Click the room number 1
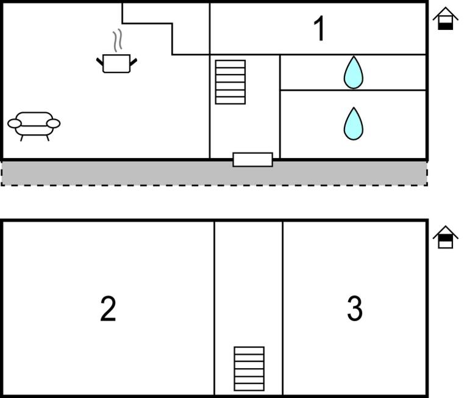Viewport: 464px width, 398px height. (x=319, y=29)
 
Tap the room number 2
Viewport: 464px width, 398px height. (x=108, y=309)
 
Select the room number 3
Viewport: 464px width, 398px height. (x=354, y=309)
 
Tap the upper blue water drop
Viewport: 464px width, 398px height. (x=353, y=73)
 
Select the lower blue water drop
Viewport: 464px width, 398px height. (x=353, y=123)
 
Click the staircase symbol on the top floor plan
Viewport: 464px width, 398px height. (x=230, y=82)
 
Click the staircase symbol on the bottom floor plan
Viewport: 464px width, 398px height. (x=249, y=369)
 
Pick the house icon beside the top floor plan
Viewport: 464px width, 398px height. (x=446, y=18)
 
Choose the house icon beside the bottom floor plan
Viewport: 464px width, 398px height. (x=446, y=237)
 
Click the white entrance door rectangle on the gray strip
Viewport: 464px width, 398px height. (x=252, y=159)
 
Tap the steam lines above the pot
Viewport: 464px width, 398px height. (x=119, y=41)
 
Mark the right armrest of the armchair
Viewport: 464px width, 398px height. (x=54, y=124)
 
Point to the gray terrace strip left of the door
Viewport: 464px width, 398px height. (x=116, y=173)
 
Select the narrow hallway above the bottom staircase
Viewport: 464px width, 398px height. (x=248, y=281)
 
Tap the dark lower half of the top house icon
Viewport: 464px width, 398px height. (x=446, y=25)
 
